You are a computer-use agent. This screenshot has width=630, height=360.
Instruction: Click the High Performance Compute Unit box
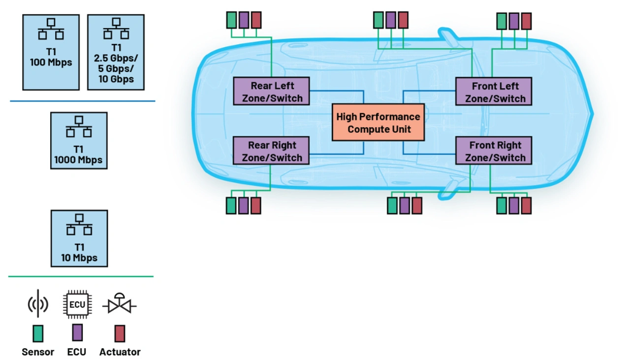coord(378,123)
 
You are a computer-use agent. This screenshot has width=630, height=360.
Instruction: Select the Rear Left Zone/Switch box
coord(271,91)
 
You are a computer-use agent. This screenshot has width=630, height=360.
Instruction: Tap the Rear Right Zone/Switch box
coord(271,151)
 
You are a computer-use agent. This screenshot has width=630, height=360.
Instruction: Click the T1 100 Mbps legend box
coord(51,52)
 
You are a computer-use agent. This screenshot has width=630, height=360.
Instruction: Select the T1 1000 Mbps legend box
coord(79,141)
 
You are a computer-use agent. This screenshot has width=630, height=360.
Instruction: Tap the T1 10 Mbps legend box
coord(79,238)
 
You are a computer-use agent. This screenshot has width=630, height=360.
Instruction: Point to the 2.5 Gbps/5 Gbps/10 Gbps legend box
coord(116,52)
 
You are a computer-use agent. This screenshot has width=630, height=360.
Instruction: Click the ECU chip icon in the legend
coord(77,305)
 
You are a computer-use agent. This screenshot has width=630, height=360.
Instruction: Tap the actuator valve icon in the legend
coord(120,305)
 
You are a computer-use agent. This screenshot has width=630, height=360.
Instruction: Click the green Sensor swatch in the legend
coord(37,333)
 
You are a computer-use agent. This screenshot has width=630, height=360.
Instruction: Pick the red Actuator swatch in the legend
coord(120,333)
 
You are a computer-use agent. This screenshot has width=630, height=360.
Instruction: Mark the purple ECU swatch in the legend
coord(77,332)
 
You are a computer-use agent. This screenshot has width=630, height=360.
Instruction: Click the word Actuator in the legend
coord(120,352)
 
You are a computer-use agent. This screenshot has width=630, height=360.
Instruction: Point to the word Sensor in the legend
coord(37,352)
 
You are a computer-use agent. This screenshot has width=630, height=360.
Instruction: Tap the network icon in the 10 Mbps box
coord(79,224)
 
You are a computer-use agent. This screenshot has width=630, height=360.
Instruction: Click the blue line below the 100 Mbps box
coord(83,101)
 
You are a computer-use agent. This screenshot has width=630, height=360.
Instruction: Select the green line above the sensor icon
coord(81,277)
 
